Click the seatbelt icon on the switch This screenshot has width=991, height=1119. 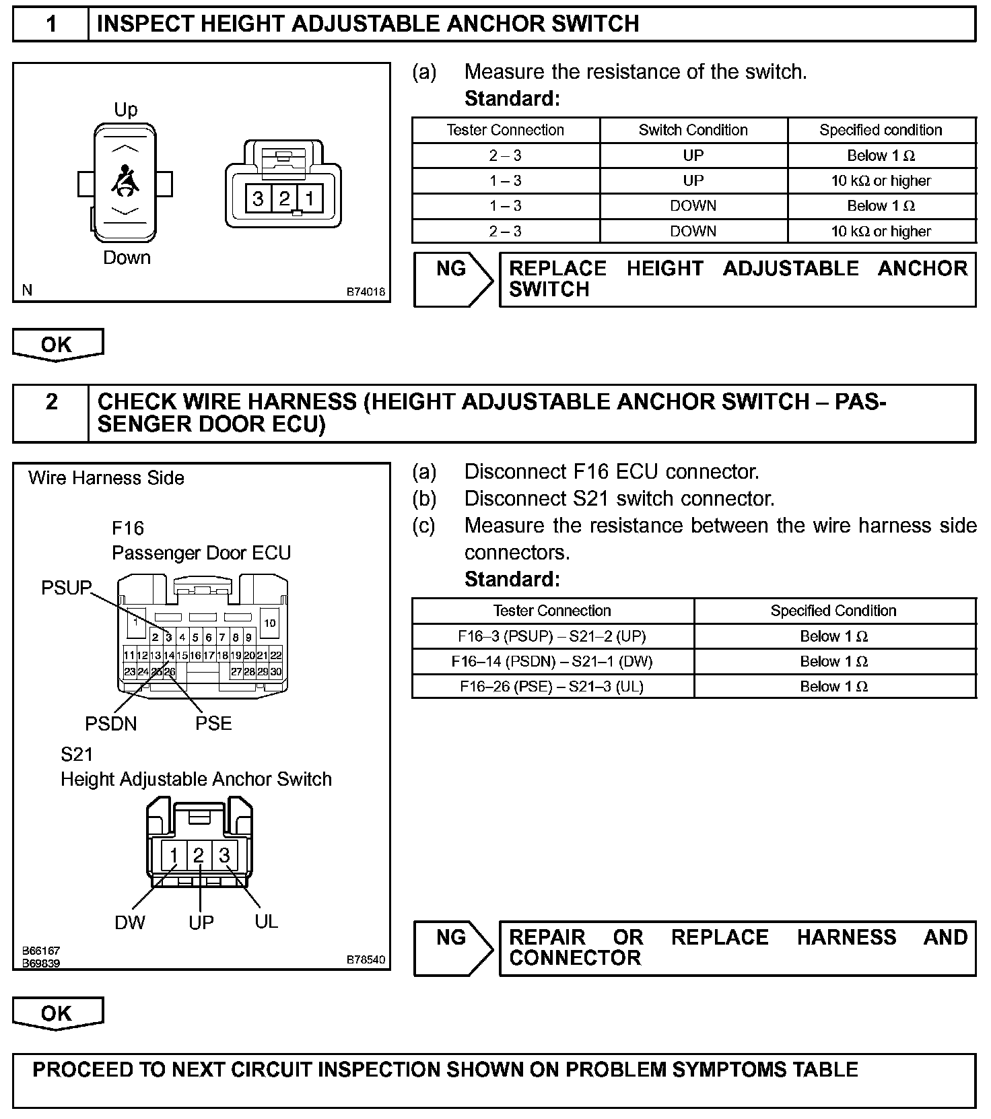126,180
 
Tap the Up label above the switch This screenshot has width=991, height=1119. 126,110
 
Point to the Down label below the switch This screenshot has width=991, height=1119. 127,258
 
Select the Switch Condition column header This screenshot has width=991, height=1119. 693,130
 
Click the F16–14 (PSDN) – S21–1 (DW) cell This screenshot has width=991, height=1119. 552,661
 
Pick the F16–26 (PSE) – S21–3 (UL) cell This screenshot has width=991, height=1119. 552,686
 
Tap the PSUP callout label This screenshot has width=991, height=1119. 66,588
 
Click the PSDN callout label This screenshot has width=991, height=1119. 110,724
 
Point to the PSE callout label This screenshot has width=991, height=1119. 213,724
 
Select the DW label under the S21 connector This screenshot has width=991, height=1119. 130,922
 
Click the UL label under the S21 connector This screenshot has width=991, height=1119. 267,921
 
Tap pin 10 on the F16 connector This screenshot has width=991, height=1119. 269,623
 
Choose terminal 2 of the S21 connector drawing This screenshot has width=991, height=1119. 199,855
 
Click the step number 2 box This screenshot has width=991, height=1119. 51,402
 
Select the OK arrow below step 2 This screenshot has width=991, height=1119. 57,1015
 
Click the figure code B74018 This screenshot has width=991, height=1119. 366,292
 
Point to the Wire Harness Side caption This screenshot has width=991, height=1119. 106,478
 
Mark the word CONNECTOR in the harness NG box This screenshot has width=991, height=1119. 575,958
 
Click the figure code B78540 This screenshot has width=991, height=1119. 366,959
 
